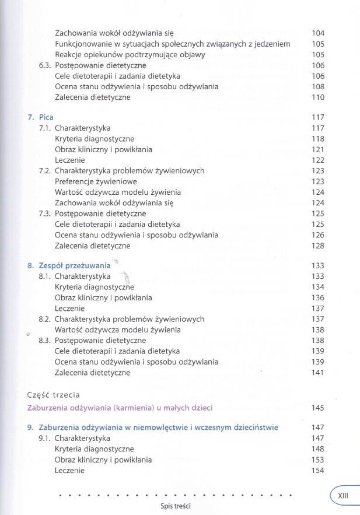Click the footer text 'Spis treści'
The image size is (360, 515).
tap(175, 506)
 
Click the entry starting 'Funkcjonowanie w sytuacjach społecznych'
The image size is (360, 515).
tap(173, 44)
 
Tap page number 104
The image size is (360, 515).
tap(318, 33)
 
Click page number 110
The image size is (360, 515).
tap(318, 97)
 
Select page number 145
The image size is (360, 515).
tap(318, 407)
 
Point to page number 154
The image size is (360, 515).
tap(318, 471)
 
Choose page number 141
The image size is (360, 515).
tap(318, 373)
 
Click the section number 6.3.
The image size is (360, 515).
tap(45, 65)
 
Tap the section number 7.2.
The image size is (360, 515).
tap(45, 171)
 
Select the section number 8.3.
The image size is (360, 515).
tap(45, 341)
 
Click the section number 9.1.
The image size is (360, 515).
tap(45, 439)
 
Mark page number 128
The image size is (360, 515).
tap(318, 246)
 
